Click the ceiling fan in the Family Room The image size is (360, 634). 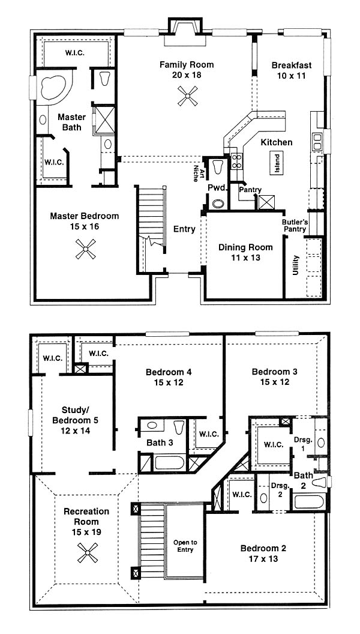tap(188, 96)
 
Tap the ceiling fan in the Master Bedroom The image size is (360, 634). tap(86, 249)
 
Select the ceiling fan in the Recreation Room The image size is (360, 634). tap(88, 553)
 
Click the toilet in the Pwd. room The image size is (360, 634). tap(218, 166)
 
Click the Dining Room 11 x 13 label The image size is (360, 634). tap(240, 252)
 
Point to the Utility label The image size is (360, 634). tap(295, 265)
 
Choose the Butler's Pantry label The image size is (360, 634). tap(294, 226)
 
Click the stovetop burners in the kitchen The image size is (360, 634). tap(236, 161)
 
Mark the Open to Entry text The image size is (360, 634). tap(184, 546)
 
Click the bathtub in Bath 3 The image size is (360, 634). tap(170, 462)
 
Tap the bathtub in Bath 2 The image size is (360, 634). tap(309, 502)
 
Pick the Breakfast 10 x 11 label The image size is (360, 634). tap(292, 70)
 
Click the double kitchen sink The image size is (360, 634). tap(317, 140)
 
